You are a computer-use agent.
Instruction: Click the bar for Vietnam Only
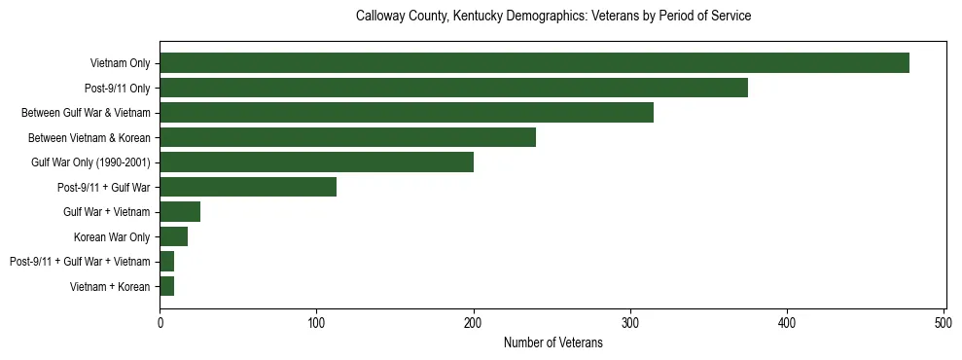(534, 63)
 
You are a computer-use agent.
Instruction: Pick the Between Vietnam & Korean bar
(347, 137)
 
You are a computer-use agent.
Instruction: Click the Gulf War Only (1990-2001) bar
(316, 162)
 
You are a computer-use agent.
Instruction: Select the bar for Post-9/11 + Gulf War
(248, 187)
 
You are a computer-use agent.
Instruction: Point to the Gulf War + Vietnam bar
(180, 211)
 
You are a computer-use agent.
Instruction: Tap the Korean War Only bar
(173, 236)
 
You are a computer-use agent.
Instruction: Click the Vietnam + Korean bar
(166, 286)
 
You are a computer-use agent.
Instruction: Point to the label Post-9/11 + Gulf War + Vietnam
(80, 262)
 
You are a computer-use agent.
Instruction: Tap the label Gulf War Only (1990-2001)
(90, 162)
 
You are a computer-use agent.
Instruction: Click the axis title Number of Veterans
(552, 342)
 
